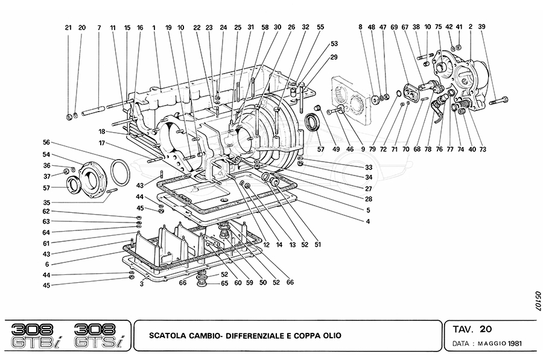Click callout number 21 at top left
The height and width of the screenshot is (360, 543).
pyautogui.click(x=68, y=28)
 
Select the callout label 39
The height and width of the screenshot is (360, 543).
pyautogui.click(x=481, y=27)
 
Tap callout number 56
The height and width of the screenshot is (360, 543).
pyautogui.click(x=46, y=142)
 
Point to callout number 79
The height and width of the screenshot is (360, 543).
pyautogui.click(x=372, y=150)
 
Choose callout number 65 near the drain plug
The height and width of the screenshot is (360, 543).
pyautogui.click(x=224, y=283)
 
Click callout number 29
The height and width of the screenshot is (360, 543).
pyautogui.click(x=334, y=57)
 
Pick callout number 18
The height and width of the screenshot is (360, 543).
pyautogui.click(x=101, y=132)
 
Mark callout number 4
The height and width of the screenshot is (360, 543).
pyautogui.click(x=368, y=221)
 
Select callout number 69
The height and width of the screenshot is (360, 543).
pyautogui.click(x=394, y=27)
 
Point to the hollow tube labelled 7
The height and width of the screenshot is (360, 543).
pyautogui.click(x=93, y=112)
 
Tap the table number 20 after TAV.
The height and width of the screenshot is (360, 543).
pyautogui.click(x=486, y=329)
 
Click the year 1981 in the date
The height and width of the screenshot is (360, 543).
pyautogui.click(x=515, y=344)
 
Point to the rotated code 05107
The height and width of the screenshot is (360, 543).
pyautogui.click(x=538, y=300)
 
